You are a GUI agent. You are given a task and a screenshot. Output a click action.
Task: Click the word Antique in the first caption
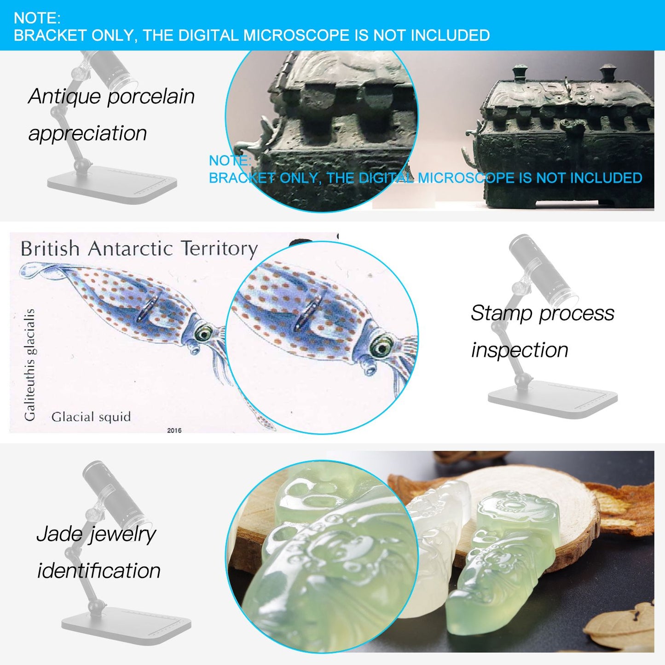[64, 97]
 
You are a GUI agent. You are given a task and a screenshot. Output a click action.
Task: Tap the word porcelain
[151, 97]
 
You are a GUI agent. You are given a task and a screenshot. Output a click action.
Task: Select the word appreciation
[87, 134]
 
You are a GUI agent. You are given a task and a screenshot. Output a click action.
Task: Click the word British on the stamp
[50, 249]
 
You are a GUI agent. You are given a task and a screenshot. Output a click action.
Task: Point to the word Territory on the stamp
[220, 249]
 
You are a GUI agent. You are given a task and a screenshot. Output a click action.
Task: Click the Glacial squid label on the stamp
[91, 417]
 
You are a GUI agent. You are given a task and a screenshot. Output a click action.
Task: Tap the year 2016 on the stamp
[174, 430]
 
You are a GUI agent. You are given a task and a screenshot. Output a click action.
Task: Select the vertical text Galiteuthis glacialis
[29, 364]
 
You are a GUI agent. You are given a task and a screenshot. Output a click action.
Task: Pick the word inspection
[520, 350]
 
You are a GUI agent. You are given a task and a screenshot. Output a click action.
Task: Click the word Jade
[58, 533]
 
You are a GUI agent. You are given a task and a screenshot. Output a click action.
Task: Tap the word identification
[98, 570]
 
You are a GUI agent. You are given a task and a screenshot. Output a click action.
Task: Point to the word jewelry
[121, 535]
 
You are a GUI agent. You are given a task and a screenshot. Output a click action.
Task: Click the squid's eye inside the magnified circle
[382, 346]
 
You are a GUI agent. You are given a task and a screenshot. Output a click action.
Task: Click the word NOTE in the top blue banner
[37, 18]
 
